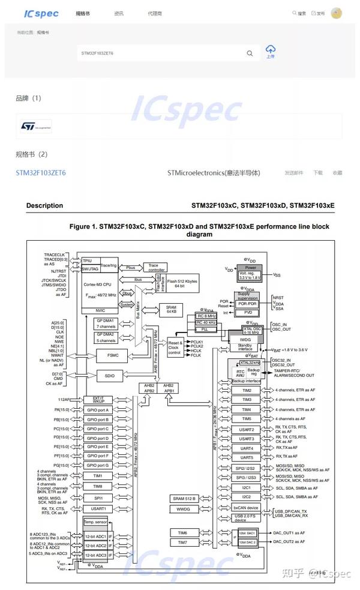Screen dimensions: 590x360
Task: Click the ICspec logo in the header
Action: (x=41, y=13)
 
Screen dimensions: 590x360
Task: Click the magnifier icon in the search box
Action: (x=250, y=53)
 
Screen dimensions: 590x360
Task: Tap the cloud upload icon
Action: (x=270, y=50)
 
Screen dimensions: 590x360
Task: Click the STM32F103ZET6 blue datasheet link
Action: (x=41, y=173)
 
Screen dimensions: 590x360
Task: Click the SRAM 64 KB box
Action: (x=170, y=309)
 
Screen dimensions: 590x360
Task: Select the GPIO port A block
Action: (x=98, y=410)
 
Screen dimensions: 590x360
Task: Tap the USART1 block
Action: (x=98, y=508)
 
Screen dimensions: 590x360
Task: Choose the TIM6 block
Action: (x=183, y=532)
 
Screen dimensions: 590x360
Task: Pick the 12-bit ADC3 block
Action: (x=96, y=554)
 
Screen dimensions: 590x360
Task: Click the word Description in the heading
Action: (x=44, y=205)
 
